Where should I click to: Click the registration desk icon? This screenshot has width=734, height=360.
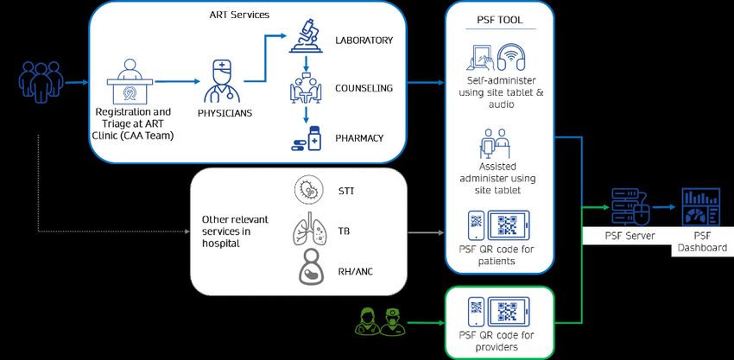click(131, 81)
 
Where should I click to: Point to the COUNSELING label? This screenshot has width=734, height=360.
click(364, 88)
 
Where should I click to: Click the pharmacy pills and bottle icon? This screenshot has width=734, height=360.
click(306, 138)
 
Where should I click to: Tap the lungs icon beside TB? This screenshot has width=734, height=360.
click(307, 231)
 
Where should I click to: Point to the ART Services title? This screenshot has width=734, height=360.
click(238, 15)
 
